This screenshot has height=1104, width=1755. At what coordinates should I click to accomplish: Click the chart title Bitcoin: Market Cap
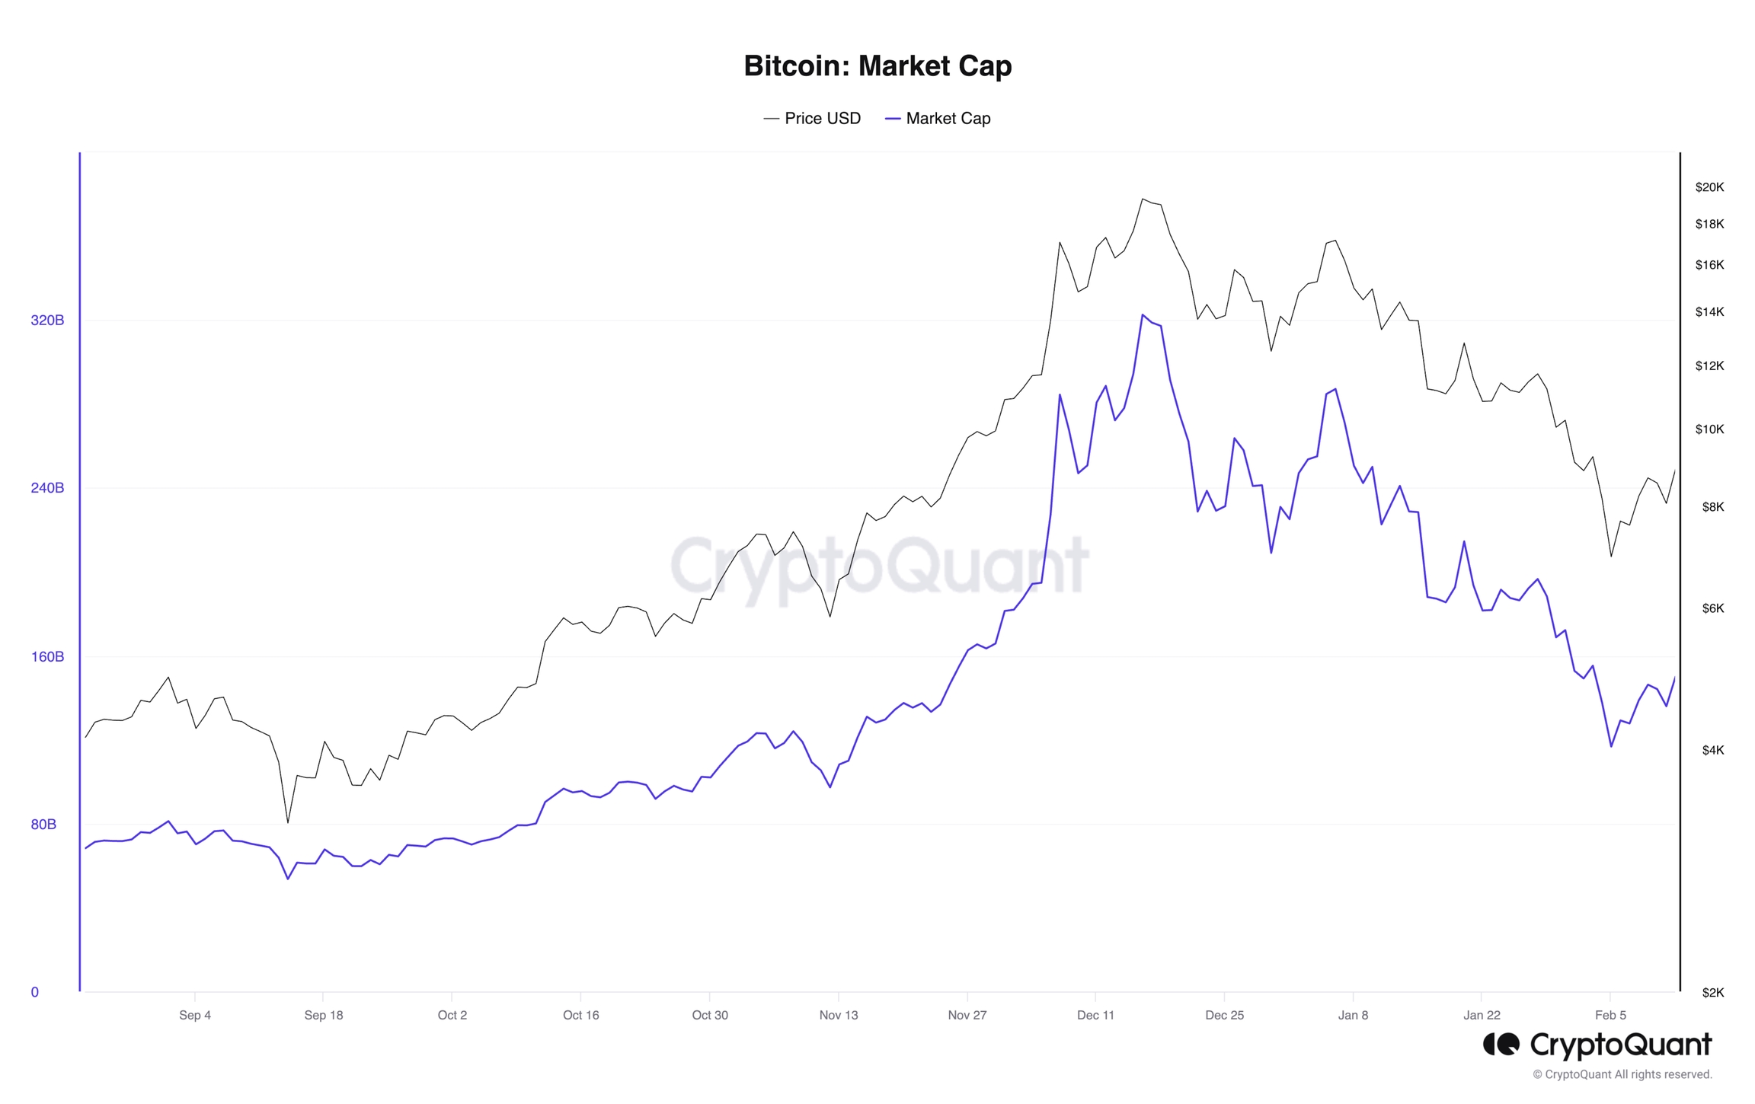(877, 66)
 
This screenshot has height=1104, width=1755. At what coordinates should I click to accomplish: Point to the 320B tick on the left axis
(47, 321)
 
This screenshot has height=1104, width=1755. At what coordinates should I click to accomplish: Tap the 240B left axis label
(47, 488)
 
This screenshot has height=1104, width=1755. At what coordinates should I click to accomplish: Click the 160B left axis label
(47, 657)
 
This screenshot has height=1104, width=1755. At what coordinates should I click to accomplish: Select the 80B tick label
(43, 825)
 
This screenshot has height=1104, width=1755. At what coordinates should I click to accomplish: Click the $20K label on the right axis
(1709, 187)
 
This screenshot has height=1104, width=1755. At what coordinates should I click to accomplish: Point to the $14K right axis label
(1709, 312)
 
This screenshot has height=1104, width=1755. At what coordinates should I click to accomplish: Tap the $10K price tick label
(1709, 429)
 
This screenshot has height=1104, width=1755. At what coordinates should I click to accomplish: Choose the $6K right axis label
(1712, 608)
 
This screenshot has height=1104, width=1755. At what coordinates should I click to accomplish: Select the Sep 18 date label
(323, 1016)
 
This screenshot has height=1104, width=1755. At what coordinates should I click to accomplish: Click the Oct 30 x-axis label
(709, 1016)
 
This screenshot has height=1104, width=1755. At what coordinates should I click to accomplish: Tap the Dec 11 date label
(1095, 1016)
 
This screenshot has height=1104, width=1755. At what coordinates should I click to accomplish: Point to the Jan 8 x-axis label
(1353, 1016)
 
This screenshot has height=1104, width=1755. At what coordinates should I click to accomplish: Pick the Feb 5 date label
(1610, 1016)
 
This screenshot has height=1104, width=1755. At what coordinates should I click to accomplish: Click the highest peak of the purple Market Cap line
(1143, 314)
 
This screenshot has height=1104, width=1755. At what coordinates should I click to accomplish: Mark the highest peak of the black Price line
(1143, 199)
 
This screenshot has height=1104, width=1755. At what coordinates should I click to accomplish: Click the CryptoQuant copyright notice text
(1622, 1075)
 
